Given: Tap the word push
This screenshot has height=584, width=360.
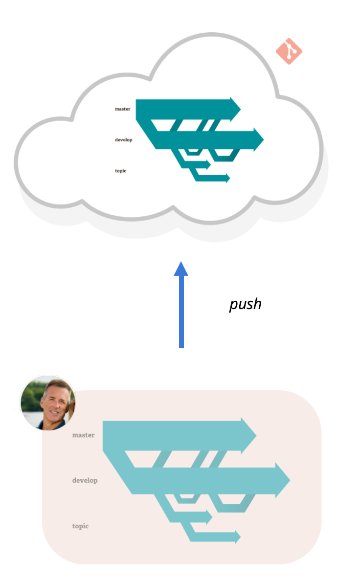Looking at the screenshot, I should (x=245, y=304).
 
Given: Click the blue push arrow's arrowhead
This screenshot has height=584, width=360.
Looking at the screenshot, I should (x=181, y=269).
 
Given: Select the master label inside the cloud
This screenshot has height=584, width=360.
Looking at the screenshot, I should (x=122, y=109).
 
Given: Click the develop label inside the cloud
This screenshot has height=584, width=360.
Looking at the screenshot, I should (x=123, y=140).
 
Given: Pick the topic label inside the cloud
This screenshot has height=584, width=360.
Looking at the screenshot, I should (x=120, y=171).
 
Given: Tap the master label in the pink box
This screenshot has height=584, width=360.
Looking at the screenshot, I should (x=83, y=435).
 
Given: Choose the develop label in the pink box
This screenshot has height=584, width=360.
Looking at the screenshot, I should (x=85, y=480).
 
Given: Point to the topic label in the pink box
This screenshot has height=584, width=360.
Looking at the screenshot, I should (x=80, y=526).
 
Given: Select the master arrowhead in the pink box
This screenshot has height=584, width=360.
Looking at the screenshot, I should (x=249, y=435).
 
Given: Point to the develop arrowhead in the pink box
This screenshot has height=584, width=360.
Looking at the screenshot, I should (x=283, y=480).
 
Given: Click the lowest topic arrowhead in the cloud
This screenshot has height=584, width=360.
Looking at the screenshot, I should (x=227, y=178).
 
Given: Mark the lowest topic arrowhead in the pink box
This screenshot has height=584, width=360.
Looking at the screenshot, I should (x=237, y=537).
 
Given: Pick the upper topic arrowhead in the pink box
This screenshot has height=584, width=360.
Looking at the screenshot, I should (x=209, y=517).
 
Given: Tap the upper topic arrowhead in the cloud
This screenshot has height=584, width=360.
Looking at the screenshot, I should (x=208, y=164).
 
